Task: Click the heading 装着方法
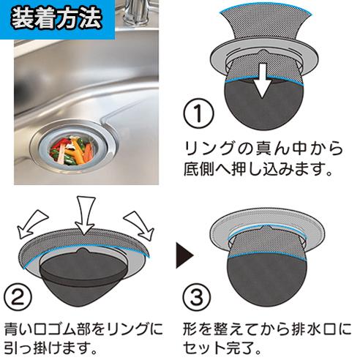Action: (56, 19)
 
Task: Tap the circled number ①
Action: (198, 113)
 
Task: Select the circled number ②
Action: (18, 298)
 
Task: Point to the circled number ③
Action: (197, 298)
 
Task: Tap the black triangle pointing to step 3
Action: (184, 255)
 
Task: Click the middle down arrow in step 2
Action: (85, 215)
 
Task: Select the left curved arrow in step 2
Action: (31, 224)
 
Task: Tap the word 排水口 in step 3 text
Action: (312, 329)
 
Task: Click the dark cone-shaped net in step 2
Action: (83, 278)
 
